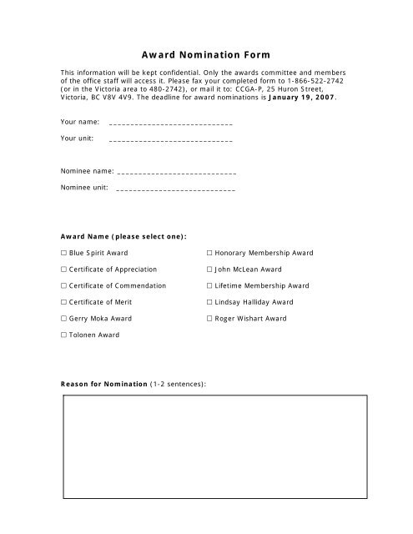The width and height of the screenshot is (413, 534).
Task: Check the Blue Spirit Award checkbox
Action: pyautogui.click(x=64, y=252)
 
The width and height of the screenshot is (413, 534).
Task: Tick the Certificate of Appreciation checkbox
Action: pyautogui.click(x=64, y=270)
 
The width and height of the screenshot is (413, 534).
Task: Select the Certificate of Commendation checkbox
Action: pyautogui.click(x=64, y=285)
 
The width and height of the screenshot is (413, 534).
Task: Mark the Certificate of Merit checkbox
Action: pyautogui.click(x=64, y=302)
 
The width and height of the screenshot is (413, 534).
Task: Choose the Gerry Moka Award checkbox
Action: pyautogui.click(x=64, y=319)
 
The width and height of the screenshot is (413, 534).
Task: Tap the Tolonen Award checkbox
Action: pyautogui.click(x=64, y=335)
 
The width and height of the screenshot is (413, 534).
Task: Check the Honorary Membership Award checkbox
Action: pyautogui.click(x=209, y=252)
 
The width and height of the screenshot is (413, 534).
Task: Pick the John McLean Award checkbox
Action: pyautogui.click(x=209, y=270)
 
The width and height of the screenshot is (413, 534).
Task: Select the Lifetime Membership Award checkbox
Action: pyautogui.click(x=209, y=285)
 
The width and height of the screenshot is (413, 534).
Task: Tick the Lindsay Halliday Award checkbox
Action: pyautogui.click(x=209, y=302)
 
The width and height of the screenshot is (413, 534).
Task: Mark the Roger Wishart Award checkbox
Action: pyautogui.click(x=209, y=319)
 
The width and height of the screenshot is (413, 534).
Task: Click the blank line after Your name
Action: pyautogui.click(x=170, y=123)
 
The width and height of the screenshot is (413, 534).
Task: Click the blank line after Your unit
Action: pyautogui.click(x=170, y=139)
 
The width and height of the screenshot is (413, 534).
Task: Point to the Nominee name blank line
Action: pyautogui.click(x=177, y=173)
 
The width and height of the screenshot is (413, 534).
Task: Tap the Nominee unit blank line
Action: pyautogui.click(x=175, y=189)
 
